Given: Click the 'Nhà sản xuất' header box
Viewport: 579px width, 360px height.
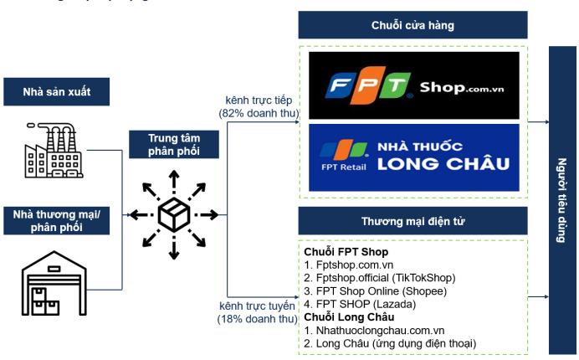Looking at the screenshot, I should point(56,90).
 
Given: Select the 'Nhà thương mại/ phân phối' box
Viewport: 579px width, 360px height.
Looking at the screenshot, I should point(56,221).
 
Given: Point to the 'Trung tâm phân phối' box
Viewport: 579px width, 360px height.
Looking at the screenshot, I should point(174,144).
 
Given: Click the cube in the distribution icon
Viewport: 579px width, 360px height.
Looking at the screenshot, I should point(174,214).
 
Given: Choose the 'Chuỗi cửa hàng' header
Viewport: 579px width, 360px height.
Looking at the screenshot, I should point(412,26).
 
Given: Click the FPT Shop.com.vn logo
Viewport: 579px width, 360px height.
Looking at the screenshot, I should point(413,84).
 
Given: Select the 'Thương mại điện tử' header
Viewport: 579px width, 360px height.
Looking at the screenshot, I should point(412,221).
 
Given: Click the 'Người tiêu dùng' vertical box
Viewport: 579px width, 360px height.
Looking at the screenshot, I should point(562,200).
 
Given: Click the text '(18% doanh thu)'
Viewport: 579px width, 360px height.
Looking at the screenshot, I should point(259,319).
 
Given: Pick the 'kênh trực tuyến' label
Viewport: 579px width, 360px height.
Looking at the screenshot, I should point(259,306).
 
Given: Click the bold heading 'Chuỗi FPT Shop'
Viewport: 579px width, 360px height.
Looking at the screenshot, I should point(346,252).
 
